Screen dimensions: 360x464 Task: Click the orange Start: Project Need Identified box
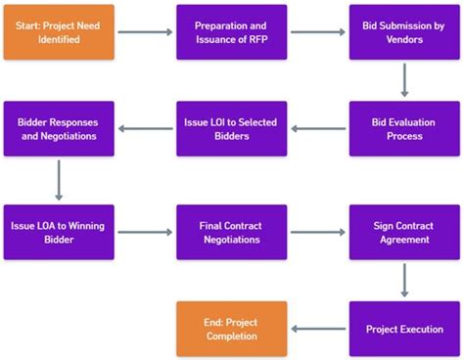pos(59,32)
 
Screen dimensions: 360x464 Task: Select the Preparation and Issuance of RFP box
pos(231,32)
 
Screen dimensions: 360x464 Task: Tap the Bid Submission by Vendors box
pos(404,32)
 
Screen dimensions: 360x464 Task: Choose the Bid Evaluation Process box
pos(404,129)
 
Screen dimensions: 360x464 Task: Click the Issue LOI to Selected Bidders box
pos(231,129)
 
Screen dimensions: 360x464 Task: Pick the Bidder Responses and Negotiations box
pos(59,129)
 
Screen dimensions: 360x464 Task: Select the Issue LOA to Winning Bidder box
pos(59,232)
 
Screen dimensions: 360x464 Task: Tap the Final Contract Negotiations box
pos(231,232)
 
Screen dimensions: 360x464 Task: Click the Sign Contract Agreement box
pos(404,232)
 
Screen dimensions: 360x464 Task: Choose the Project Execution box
pos(404,329)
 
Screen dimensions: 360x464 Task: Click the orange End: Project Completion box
pos(231,329)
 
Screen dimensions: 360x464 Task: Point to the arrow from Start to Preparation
pos(145,32)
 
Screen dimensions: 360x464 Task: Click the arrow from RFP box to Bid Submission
pos(318,32)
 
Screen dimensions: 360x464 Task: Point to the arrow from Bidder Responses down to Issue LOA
pos(59,180)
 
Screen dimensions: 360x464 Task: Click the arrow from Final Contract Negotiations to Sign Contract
pos(318,232)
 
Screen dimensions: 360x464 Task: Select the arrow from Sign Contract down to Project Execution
pos(404,281)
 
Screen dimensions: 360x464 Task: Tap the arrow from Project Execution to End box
pos(318,329)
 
